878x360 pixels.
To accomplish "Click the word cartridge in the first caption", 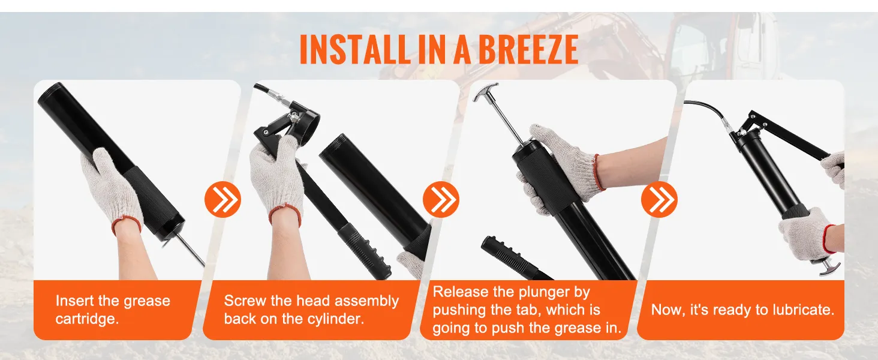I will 87,319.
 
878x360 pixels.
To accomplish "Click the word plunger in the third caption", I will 561,292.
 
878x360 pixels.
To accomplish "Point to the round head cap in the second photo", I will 306,116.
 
